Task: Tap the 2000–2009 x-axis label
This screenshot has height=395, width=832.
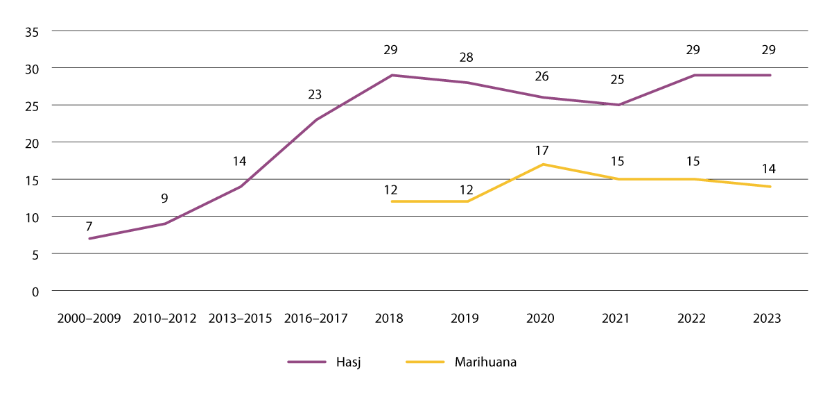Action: [x=89, y=319]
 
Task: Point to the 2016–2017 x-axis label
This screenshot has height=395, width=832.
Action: [x=315, y=319]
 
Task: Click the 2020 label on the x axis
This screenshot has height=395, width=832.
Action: [x=541, y=319]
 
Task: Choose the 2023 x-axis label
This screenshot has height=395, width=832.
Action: [x=768, y=319]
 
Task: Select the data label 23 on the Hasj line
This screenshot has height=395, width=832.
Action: [x=315, y=94]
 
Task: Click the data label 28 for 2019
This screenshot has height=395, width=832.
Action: [x=467, y=58]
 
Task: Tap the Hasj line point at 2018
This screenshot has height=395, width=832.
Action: [x=392, y=75]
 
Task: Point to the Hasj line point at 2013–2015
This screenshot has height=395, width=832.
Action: [x=241, y=187]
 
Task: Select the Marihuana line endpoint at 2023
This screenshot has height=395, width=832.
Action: [x=770, y=187]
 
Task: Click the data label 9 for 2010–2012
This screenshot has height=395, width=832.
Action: [x=165, y=199]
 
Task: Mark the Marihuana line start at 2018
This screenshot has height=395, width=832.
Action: [x=392, y=201]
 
